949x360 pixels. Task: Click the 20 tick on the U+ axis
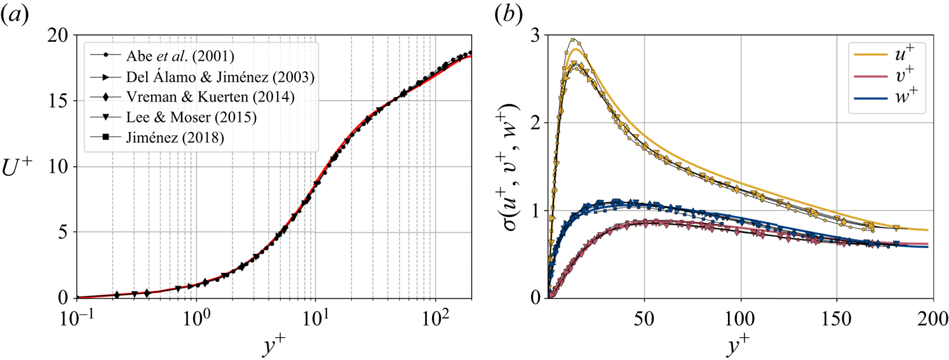click(x=62, y=36)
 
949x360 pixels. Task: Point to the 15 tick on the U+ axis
click(x=62, y=101)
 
